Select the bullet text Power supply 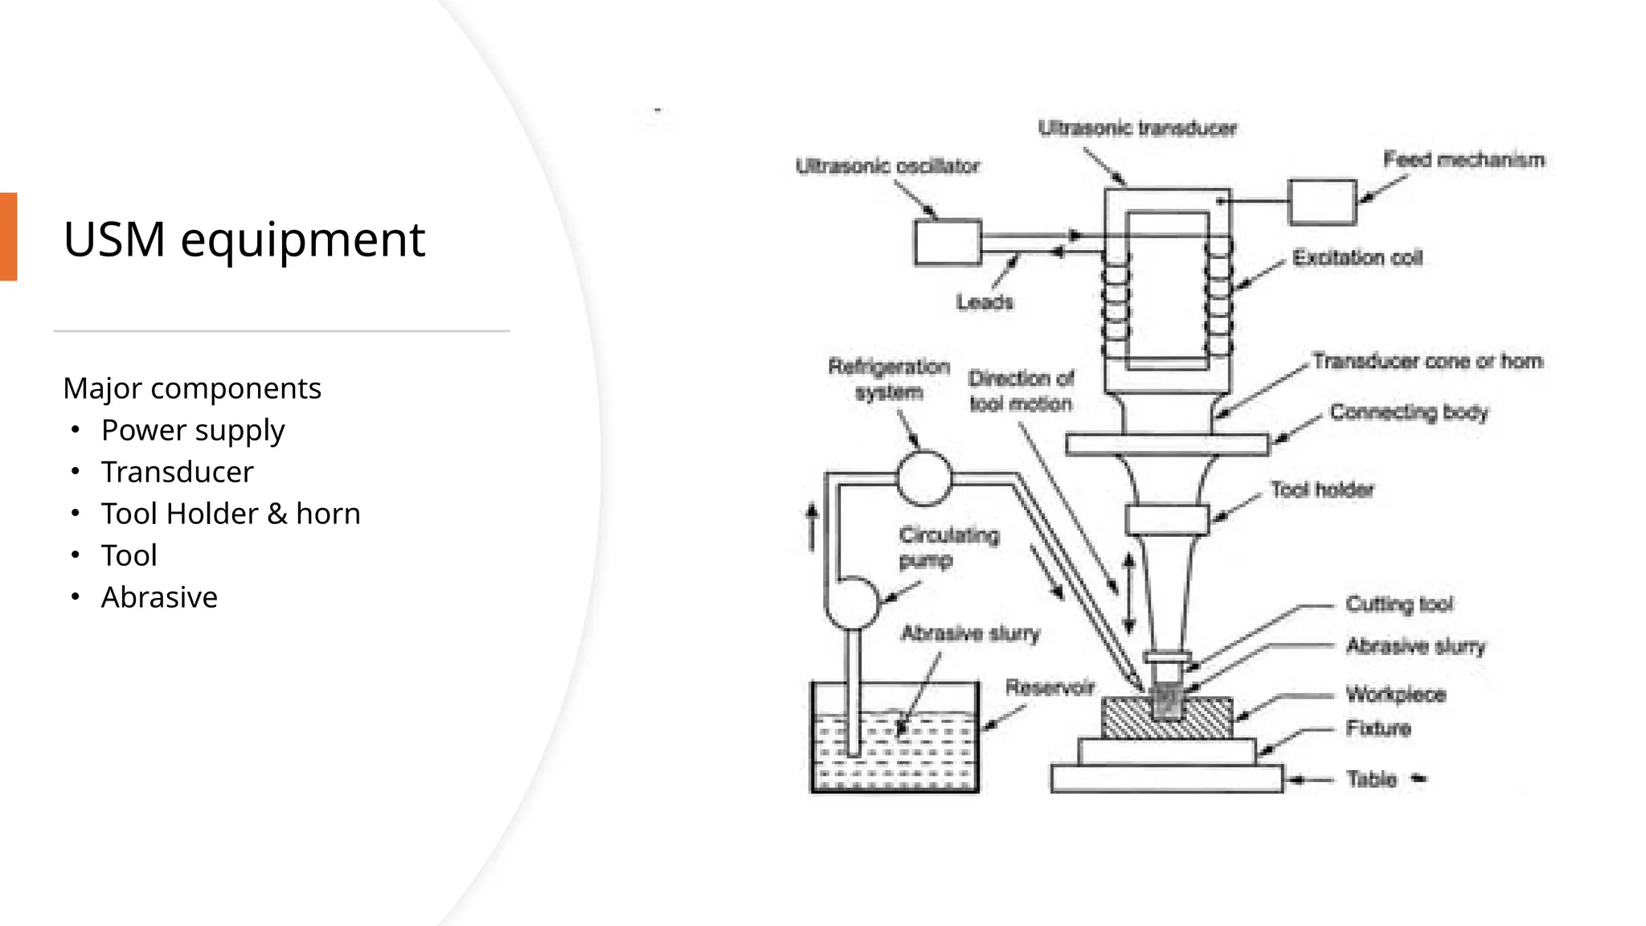coord(193,430)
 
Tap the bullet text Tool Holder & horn coord(231,514)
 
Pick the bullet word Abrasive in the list coord(159,597)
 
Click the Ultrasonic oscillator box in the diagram coord(948,242)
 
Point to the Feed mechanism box coord(1322,202)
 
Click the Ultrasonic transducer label coord(1137,128)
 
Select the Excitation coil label coord(1357,258)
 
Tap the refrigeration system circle coord(924,478)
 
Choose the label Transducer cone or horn coord(1427,361)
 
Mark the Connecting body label coord(1409,412)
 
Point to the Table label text coord(1371,779)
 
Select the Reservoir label coord(1050,687)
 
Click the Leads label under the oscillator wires coord(985,302)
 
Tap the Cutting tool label coord(1399,604)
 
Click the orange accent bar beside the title coord(8,236)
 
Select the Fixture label coord(1378,729)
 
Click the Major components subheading coord(192,388)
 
